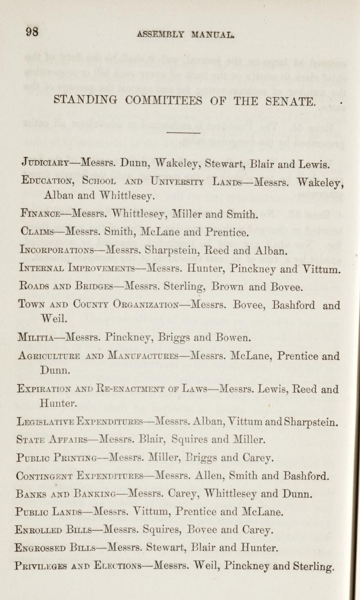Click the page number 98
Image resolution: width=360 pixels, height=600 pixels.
[32, 32]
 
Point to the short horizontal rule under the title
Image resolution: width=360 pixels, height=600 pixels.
[183, 133]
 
